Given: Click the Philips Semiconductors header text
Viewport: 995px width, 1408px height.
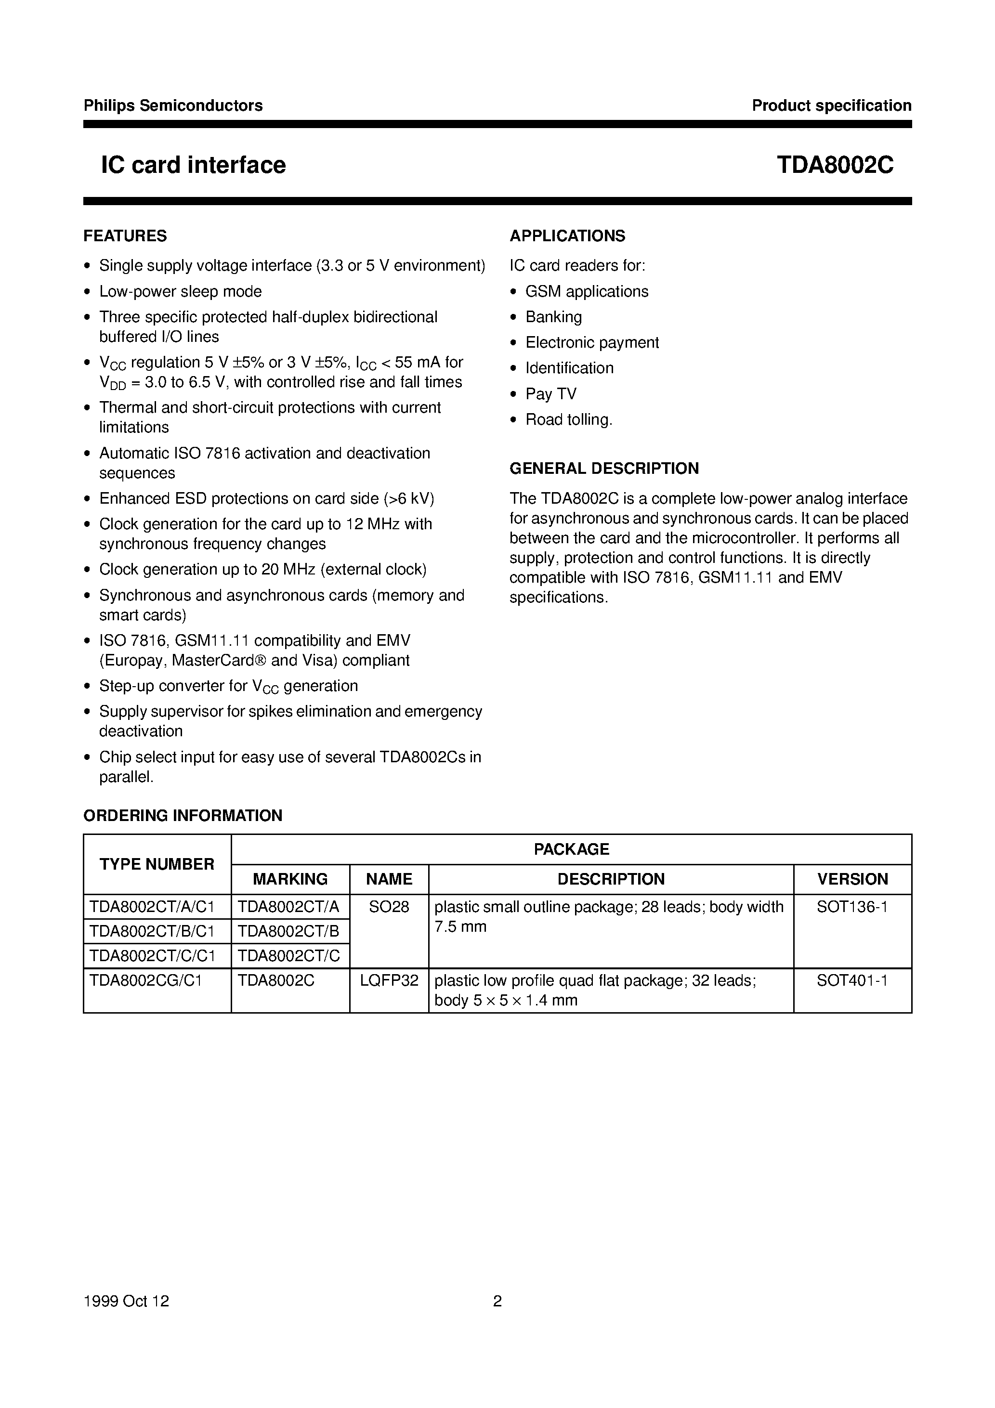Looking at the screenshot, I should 173,105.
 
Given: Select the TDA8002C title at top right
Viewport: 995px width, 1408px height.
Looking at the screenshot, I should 835,165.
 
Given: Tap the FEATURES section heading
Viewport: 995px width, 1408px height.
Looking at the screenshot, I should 125,236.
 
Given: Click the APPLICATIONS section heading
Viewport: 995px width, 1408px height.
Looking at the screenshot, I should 567,236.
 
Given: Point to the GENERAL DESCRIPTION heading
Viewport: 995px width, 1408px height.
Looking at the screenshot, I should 604,469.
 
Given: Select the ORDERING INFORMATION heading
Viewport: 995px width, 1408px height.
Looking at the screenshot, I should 183,816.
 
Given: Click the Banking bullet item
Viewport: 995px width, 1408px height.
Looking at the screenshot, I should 553,317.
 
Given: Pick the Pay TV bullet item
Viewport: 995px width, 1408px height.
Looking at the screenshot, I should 551,394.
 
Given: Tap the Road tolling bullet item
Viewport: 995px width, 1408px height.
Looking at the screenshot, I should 569,419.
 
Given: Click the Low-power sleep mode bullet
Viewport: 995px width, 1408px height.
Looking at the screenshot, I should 180,291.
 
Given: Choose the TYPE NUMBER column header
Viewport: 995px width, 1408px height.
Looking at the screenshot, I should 157,864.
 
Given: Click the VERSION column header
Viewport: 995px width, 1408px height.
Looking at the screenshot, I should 852,879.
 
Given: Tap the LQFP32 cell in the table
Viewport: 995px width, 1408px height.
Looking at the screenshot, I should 389,980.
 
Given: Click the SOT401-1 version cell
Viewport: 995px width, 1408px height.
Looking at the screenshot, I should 852,980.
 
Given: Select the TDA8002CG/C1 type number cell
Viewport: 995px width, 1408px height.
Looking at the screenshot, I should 145,980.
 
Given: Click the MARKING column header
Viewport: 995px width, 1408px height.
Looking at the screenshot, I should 290,879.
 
